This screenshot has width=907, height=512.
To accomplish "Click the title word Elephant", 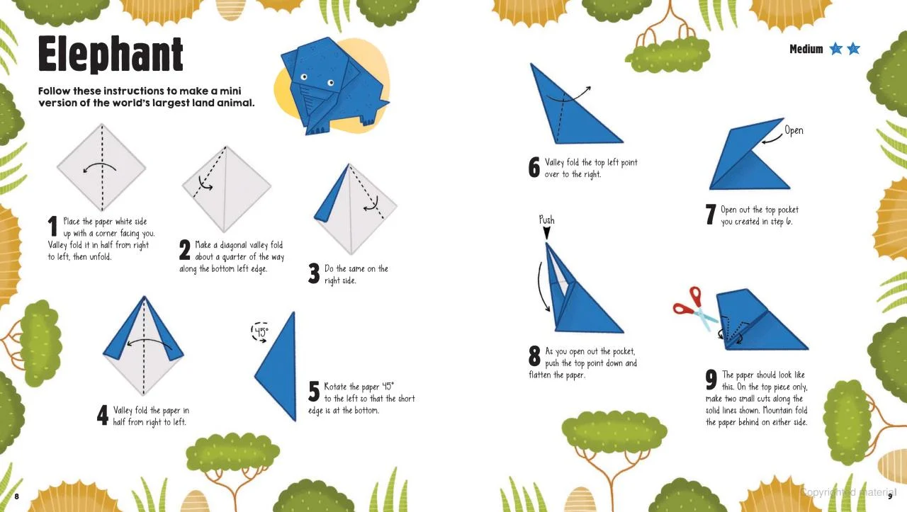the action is (111, 54).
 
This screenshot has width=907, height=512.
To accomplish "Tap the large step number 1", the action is (52, 226).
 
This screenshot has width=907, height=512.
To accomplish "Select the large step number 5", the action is (314, 392).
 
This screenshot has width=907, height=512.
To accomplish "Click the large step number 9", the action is (711, 380).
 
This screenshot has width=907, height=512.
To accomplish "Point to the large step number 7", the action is (711, 214).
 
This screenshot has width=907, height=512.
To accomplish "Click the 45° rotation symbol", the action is (260, 332).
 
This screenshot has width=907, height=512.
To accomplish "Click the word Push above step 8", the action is (546, 220).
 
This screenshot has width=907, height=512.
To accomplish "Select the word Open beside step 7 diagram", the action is (794, 130).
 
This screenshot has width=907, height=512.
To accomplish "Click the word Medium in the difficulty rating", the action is (806, 49).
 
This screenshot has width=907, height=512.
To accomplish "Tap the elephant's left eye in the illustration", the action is (304, 77).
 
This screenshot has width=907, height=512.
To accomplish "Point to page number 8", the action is (16, 496).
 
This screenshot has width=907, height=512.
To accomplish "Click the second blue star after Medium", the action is (854, 49).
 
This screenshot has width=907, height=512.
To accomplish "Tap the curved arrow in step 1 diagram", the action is (99, 166).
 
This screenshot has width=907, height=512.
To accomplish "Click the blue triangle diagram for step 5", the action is (276, 367).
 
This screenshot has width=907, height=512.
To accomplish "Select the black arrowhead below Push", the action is (546, 233).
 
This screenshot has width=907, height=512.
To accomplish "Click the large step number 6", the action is (534, 167).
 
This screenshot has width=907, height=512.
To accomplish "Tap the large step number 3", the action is (314, 273).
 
